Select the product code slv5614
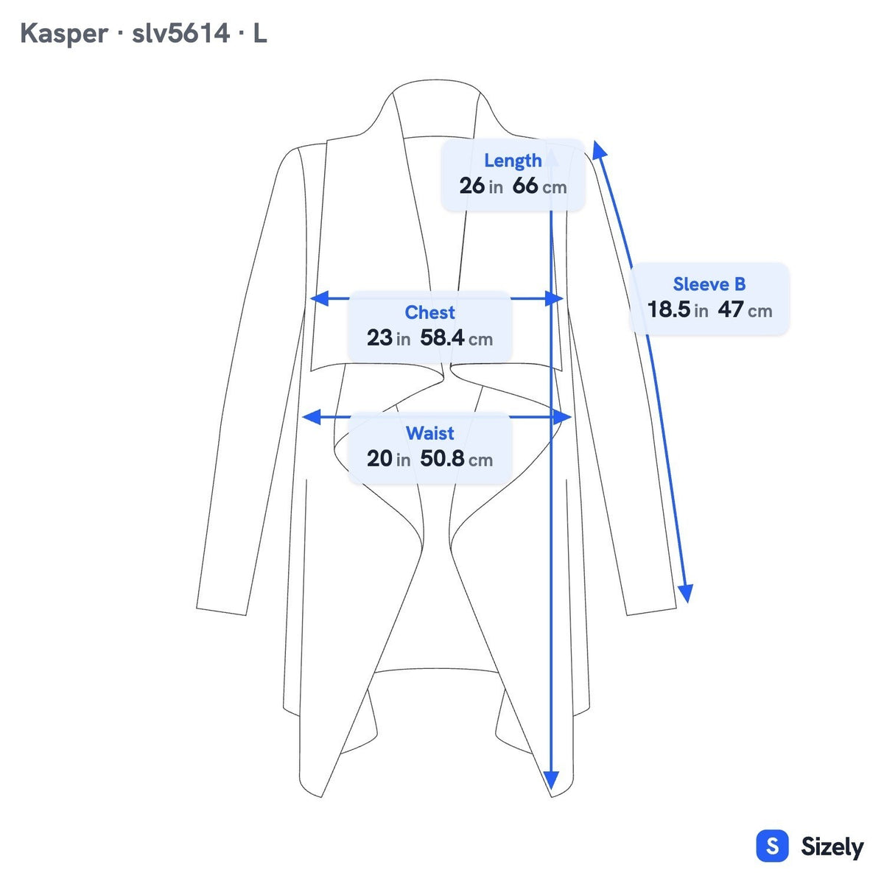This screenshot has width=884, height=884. pos(180,33)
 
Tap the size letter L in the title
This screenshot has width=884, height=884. pos(260,33)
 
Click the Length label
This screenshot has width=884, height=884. pos(513,161)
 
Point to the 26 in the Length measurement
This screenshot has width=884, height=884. pos(471,186)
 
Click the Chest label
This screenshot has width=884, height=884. pos(429,312)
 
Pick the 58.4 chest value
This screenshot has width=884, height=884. pos(442,337)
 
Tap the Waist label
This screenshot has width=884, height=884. pos(429,433)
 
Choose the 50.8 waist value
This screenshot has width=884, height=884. pos(442,458)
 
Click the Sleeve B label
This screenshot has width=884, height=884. pos(709,284)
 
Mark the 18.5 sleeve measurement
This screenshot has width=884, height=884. pos(669,309)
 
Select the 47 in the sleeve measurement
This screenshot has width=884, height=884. pos(731,309)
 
